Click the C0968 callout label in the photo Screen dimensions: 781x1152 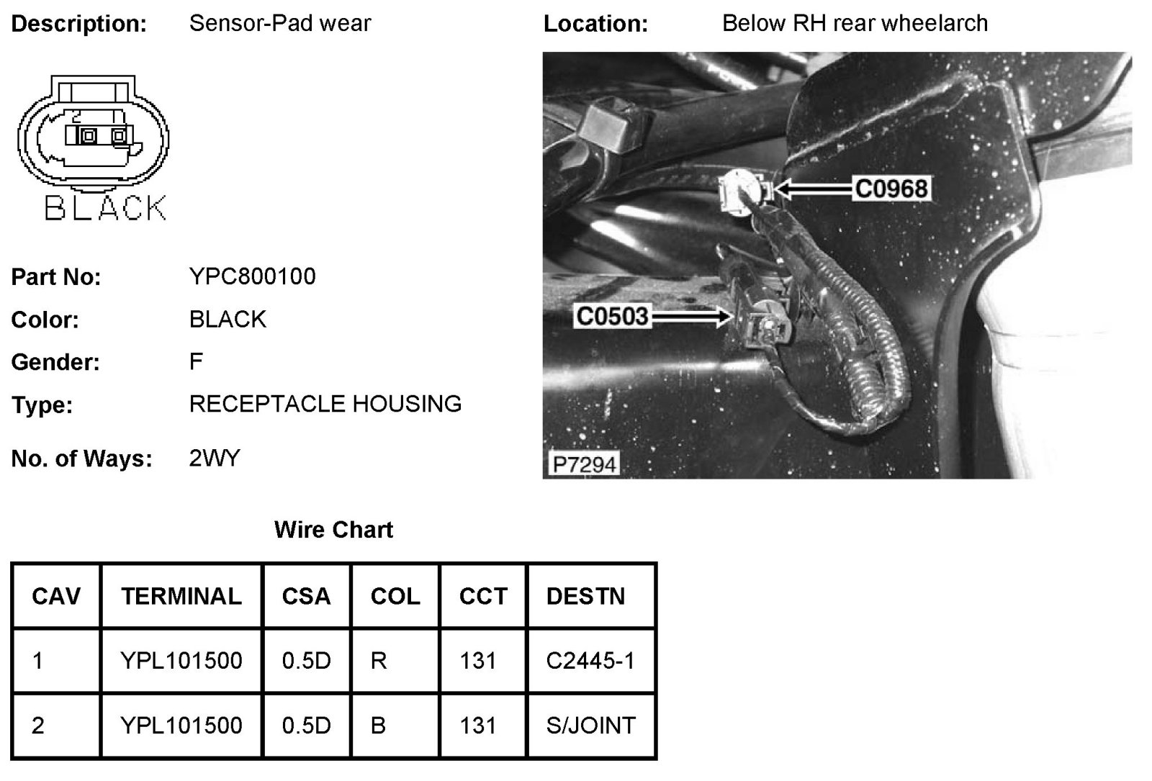pos(891,189)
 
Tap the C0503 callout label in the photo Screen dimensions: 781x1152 pos(612,316)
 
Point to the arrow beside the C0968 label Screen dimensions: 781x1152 pos(814,189)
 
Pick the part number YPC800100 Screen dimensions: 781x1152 pos(252,276)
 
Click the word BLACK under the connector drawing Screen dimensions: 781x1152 pos(105,208)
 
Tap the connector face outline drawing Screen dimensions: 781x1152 pos(93,133)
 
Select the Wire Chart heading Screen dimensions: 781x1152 pos(333,531)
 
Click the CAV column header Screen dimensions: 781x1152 pos(56,596)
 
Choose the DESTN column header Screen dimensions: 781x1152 pos(585,596)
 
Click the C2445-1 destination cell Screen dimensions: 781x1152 pos(590,661)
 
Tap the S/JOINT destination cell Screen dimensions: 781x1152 pos(590,725)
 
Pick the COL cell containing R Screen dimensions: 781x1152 pos(379,661)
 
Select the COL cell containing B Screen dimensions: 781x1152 pos(378,725)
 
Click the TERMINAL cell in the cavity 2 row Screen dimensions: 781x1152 pos(181,725)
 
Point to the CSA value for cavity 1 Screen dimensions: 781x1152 pos(306,661)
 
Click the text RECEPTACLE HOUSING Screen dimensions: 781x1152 pos(325,404)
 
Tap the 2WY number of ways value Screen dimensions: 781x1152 pos(215,458)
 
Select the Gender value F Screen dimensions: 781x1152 pos(196,361)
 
